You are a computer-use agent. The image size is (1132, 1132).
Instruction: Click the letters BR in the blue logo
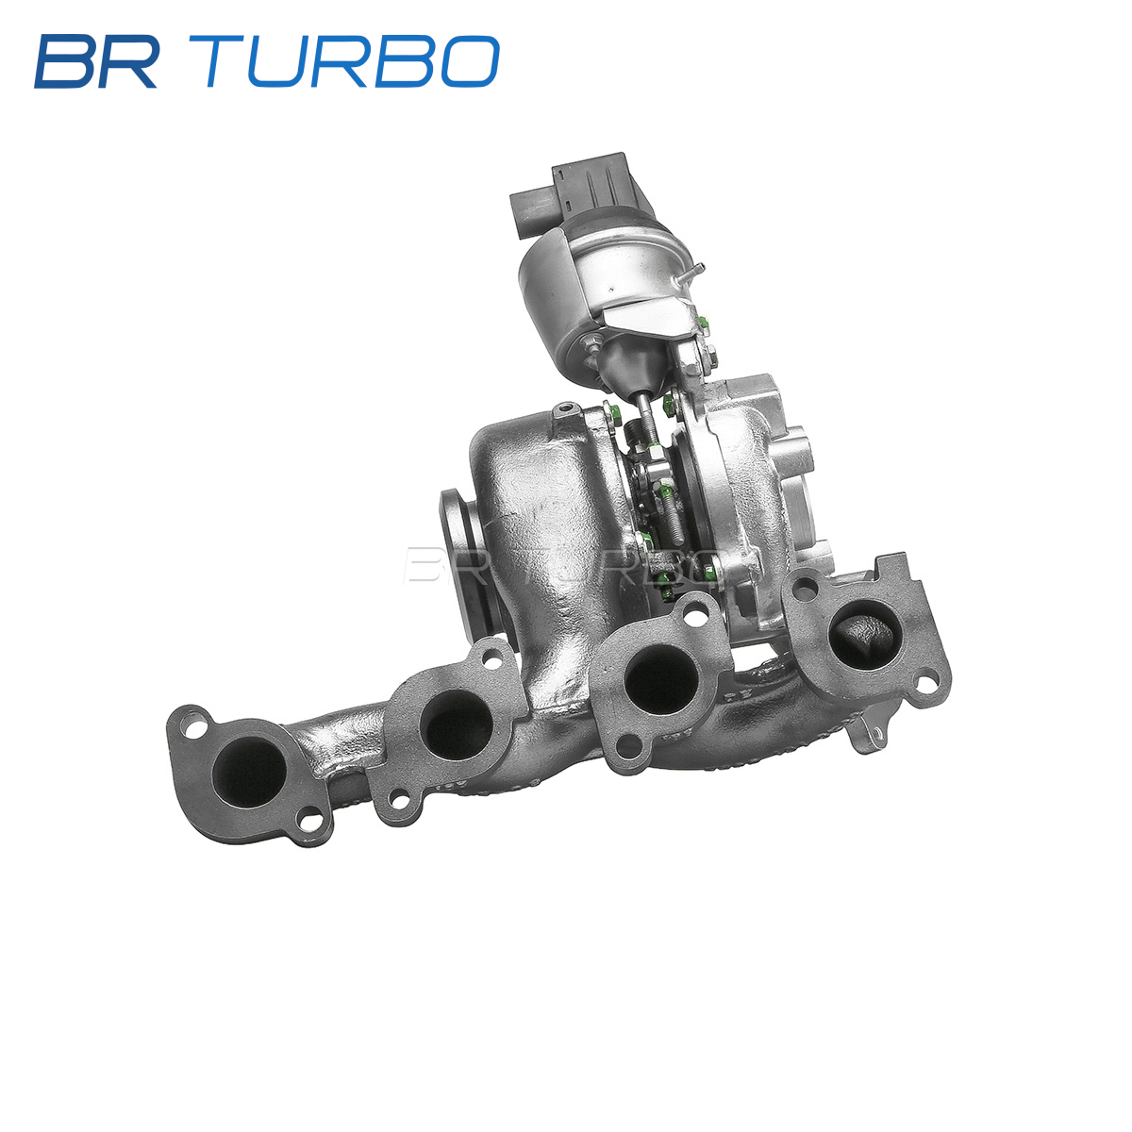click(96, 61)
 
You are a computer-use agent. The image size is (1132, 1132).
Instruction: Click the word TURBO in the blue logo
click(353, 61)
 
